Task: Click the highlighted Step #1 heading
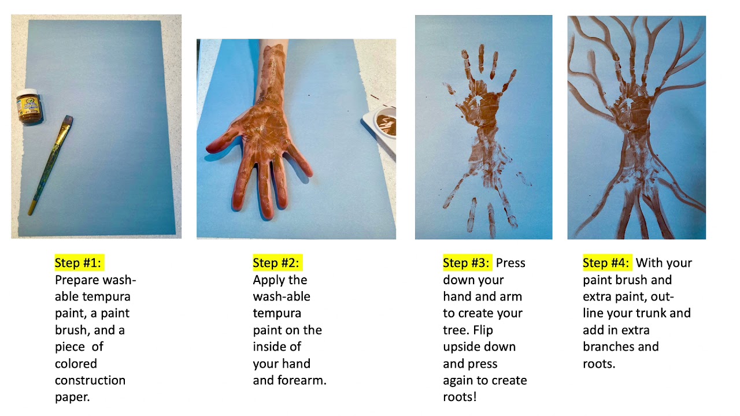pos(79,263)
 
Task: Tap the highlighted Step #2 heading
pos(277,263)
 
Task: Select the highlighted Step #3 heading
pos(468,263)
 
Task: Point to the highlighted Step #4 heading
pos(607,263)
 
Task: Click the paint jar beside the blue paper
pos(29,106)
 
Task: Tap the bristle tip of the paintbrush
pos(69,119)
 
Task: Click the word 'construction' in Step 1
pos(90,380)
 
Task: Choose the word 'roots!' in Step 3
pos(460,397)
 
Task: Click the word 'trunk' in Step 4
pos(650,313)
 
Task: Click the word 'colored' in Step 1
pos(76,364)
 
